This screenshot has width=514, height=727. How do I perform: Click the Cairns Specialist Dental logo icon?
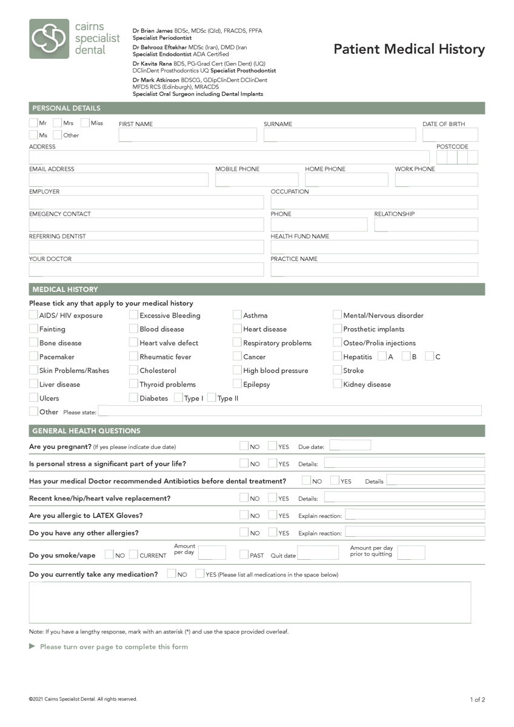[50, 39]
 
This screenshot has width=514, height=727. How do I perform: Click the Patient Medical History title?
[409, 50]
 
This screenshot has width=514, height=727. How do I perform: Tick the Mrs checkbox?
[58, 123]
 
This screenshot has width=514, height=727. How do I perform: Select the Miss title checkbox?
[85, 123]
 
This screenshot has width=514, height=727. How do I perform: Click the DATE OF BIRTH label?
[444, 124]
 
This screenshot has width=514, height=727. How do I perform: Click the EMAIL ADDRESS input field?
[118, 180]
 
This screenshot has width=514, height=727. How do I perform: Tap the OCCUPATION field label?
[290, 191]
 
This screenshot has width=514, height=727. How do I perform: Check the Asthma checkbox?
[238, 315]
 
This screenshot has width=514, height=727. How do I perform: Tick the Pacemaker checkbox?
[33, 357]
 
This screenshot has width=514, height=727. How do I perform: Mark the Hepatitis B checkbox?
[406, 357]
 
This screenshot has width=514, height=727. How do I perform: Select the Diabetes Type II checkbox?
[211, 398]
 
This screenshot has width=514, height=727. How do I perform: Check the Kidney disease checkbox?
[338, 384]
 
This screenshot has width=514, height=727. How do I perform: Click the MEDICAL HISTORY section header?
[65, 290]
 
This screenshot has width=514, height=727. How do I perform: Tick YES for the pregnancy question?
[273, 446]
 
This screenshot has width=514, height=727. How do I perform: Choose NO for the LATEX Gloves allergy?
[244, 516]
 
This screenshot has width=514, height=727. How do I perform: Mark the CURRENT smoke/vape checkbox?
[133, 555]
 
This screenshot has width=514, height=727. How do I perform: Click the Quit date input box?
[318, 553]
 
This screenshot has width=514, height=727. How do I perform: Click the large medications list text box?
[250, 602]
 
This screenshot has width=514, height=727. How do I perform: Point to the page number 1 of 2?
[477, 700]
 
